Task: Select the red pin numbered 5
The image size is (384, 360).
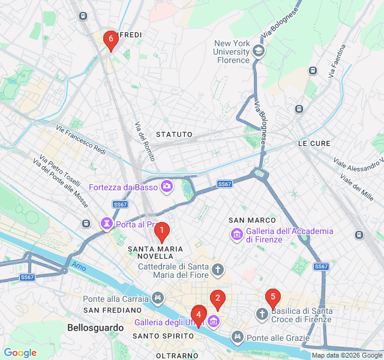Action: [x=273, y=296]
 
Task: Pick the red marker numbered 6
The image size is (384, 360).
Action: [x=110, y=40]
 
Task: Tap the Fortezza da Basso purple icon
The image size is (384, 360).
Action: [x=166, y=187]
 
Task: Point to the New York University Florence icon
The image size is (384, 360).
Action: [x=259, y=51]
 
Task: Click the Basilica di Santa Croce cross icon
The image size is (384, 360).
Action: [x=262, y=314]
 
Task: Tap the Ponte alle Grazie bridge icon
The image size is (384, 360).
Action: [x=238, y=337]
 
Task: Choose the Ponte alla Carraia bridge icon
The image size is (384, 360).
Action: [x=158, y=298]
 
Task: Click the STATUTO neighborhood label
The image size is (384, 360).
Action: [x=174, y=134]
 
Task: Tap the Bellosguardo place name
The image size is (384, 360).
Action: [x=95, y=328]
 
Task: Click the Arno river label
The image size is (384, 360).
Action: [x=79, y=265]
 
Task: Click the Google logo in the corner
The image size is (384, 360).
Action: [x=20, y=353]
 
